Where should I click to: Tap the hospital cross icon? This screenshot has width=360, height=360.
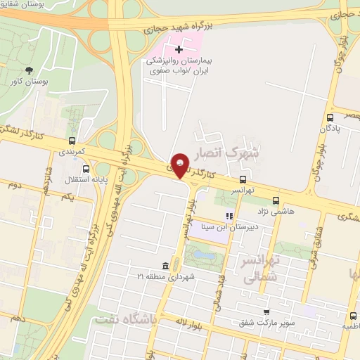tap(179, 49)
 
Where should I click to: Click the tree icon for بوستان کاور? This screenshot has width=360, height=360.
tap(29, 70)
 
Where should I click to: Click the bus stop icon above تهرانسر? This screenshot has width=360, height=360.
tap(243, 179)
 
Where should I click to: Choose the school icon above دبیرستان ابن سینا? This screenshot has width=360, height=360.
tap(228, 216)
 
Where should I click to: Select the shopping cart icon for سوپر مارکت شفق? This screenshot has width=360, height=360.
tap(266, 311)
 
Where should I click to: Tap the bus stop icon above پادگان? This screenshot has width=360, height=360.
tap(330, 117)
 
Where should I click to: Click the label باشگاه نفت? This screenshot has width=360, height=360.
tap(127, 320)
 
